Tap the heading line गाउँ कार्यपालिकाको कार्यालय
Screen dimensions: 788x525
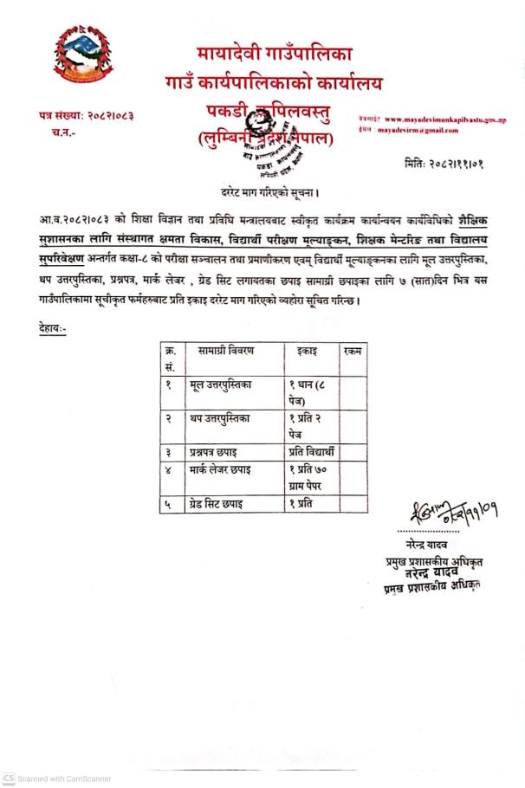273,84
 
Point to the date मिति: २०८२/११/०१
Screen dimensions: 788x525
444,163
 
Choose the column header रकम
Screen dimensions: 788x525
353,352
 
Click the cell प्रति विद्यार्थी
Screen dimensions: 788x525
316,451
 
